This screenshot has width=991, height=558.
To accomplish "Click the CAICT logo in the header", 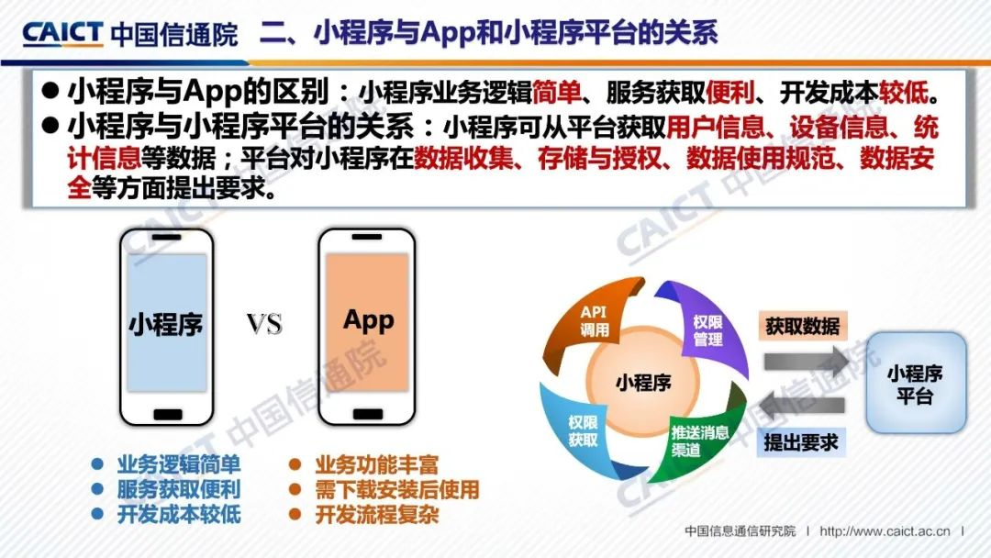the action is click(x=62, y=34).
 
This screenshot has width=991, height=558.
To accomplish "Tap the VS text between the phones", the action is click(x=264, y=325).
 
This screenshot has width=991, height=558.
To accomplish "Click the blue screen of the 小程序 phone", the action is click(x=167, y=322).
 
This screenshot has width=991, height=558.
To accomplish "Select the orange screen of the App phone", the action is click(x=367, y=321).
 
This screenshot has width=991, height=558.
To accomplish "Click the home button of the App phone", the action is click(x=367, y=414).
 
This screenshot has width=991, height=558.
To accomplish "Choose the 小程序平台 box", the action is click(x=915, y=383).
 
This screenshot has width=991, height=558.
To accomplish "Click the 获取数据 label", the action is click(x=802, y=327).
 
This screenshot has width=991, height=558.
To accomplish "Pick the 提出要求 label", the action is click(x=801, y=442).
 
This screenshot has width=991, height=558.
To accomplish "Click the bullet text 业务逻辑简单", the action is click(x=179, y=465).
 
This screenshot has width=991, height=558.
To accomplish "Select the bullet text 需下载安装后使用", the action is click(x=397, y=490).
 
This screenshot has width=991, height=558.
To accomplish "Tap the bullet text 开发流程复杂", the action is click(x=377, y=514).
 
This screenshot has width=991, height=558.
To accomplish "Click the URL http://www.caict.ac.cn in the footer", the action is click(x=885, y=531).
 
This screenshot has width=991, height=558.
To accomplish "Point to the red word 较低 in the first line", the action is click(x=904, y=93).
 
